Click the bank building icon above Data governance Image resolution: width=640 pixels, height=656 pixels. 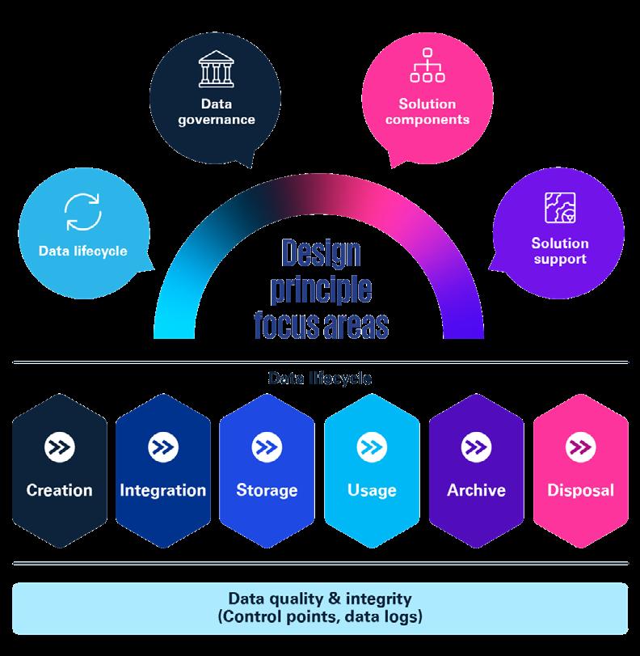click(216, 72)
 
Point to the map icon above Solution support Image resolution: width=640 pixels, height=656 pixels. click(560, 206)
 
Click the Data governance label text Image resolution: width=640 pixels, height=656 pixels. click(216, 112)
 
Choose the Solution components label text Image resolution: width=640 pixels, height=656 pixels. click(427, 111)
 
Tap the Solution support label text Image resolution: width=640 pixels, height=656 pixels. click(560, 251)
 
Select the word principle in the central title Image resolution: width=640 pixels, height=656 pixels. click(321, 290)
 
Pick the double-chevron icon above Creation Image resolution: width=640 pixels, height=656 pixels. click(59, 447)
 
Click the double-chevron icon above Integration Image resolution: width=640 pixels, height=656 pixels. click(163, 447)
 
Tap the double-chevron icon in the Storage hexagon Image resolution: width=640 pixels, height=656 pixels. click(267, 447)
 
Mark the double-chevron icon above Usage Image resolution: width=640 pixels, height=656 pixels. click(372, 447)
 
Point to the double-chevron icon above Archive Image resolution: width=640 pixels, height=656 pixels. click(476, 447)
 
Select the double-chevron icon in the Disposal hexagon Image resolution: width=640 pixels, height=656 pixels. click(580, 447)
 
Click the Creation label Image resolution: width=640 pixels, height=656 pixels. click(59, 490)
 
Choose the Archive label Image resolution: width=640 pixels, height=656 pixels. click(476, 490)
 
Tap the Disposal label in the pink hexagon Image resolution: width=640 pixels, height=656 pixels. click(580, 490)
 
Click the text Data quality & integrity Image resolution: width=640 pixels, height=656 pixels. click(320, 599)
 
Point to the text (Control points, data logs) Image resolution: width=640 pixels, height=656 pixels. click(320, 618)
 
